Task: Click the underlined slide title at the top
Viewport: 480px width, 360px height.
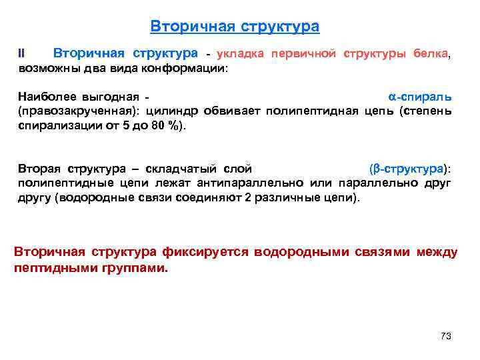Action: [235, 27]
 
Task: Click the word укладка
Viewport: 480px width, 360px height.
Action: [240, 53]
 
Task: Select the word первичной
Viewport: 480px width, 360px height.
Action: [304, 53]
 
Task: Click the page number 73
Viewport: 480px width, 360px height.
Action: [446, 336]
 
